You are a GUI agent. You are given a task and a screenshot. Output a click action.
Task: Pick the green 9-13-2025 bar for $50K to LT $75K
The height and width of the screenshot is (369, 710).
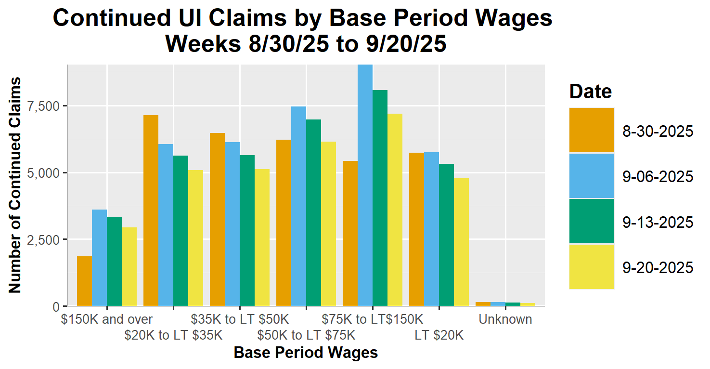pos(313,212)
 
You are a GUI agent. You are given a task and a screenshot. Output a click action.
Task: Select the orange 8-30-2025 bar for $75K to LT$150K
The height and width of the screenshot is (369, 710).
pos(350,233)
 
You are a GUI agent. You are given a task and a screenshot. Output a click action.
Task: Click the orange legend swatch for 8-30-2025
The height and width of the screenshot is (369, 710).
pos(592,130)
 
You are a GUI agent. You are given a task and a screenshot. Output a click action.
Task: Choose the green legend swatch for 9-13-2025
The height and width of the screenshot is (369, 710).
pos(592,221)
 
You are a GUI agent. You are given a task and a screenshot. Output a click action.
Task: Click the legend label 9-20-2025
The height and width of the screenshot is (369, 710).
pos(658,267)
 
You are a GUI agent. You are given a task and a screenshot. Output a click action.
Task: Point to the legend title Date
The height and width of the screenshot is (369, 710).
pos(591,92)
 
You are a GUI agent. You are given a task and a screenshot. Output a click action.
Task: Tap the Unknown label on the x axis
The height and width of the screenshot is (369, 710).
pos(505,319)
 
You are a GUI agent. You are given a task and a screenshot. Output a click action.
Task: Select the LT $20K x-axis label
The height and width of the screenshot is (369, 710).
pos(439,335)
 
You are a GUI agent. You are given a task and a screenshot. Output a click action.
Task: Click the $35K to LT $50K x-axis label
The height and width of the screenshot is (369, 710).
pos(240,319)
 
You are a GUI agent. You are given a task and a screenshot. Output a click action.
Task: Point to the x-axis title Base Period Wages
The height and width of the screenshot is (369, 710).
pos(306,353)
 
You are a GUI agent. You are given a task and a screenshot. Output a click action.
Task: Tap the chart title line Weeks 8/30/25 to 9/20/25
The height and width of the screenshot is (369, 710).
pos(306,44)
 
